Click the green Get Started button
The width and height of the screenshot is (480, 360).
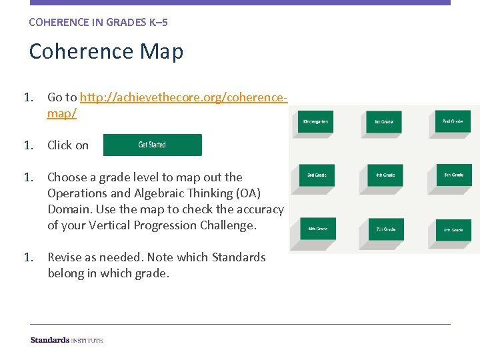tap(152, 145)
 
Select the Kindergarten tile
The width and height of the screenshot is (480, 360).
tap(315, 122)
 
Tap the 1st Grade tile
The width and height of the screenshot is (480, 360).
tap(384, 122)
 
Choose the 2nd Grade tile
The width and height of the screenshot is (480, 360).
tap(453, 121)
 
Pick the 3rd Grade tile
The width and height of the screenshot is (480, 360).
tap(315, 175)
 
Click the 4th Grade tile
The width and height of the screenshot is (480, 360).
tap(385, 175)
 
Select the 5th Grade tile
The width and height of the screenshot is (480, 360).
tap(453, 175)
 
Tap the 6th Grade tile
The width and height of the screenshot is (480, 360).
tap(316, 229)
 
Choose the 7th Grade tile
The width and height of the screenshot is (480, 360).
tap(385, 229)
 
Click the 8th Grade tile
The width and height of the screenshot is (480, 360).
tap(453, 230)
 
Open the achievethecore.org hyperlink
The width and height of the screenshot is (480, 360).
tap(167, 97)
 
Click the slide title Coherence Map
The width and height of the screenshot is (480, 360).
tap(106, 51)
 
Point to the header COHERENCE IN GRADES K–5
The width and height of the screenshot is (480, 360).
tap(98, 22)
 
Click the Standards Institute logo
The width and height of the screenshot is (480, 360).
tap(67, 340)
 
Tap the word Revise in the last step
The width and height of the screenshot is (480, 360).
tap(65, 257)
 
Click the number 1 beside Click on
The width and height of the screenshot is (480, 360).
tap(28, 145)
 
